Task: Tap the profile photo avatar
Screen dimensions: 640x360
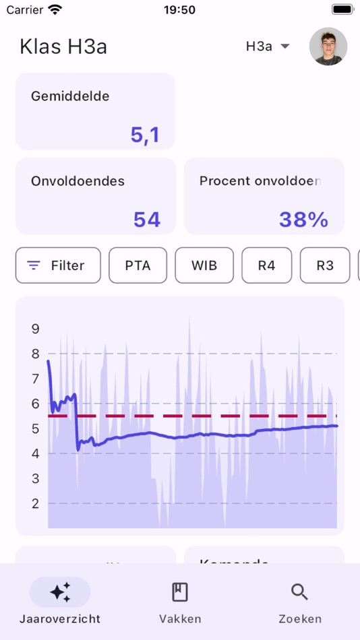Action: coord(328,46)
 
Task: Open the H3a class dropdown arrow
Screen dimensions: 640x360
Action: coord(285,46)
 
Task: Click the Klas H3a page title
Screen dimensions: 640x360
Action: coord(63,46)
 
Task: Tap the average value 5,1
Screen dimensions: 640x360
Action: coord(145,135)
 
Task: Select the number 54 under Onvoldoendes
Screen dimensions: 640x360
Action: coord(146,220)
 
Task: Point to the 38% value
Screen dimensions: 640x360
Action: coord(303,220)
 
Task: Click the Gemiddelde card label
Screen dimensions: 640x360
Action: coord(70,96)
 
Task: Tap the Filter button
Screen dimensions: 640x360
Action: coord(58,265)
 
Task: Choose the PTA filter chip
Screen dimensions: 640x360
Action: coord(138,265)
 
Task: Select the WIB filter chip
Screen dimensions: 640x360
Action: coord(204,265)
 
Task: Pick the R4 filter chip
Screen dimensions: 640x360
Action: coord(266,265)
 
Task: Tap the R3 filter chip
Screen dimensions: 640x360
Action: coord(325,265)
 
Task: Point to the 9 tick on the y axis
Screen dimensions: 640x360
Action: coord(36,329)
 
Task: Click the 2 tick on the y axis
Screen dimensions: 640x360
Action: coord(36,503)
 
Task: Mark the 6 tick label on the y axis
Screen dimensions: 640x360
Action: coord(36,404)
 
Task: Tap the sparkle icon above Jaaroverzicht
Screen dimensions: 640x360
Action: coord(60,592)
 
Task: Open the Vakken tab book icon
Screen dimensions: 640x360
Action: coord(180,592)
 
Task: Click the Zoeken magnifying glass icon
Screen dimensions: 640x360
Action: coord(300,592)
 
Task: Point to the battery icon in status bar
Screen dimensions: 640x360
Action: coord(342,9)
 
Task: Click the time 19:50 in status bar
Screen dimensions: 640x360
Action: coord(179,9)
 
